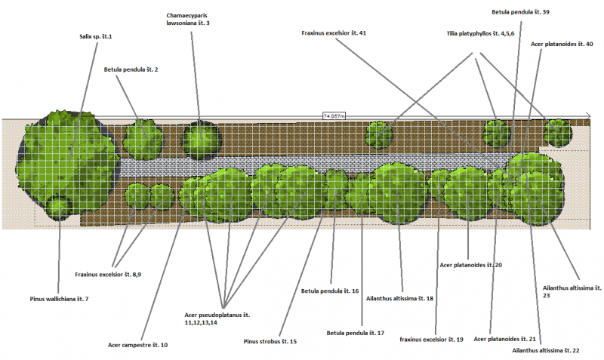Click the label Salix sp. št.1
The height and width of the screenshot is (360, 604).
pyautogui.click(x=95, y=36)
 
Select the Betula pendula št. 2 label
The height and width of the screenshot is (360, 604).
pyautogui.click(x=131, y=69)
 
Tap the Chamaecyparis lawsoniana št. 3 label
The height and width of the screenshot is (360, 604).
pyautogui.click(x=188, y=19)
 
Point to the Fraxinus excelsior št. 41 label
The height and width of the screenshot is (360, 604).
pyautogui.click(x=334, y=33)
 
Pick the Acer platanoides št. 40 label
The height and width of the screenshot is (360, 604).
pyautogui.click(x=561, y=44)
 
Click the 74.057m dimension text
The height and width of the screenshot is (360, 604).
pyautogui.click(x=334, y=115)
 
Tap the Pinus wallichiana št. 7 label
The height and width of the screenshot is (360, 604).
pyautogui.click(x=59, y=300)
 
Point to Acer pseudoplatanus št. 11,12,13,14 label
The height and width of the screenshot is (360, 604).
pyautogui.click(x=217, y=318)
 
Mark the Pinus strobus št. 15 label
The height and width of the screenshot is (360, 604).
pyautogui.click(x=270, y=342)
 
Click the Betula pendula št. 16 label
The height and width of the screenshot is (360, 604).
pyautogui.click(x=330, y=291)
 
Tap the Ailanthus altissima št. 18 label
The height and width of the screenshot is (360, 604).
pyautogui.click(x=399, y=299)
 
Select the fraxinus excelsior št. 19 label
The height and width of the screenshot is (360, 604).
pyautogui.click(x=431, y=340)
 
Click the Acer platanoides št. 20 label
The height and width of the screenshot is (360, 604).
pyautogui.click(x=471, y=265)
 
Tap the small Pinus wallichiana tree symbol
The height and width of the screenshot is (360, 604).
pyautogui.click(x=58, y=206)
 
